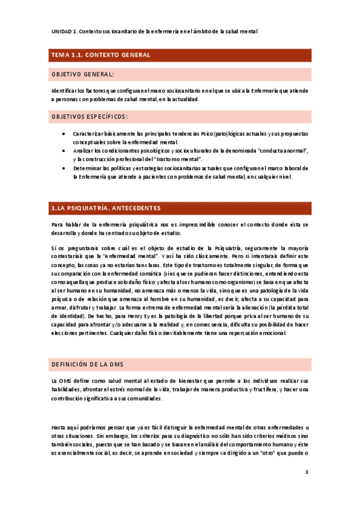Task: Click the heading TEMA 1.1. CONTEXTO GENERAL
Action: click(x=101, y=55)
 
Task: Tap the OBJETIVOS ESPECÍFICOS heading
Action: click(x=90, y=116)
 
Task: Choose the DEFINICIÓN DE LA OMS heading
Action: click(x=88, y=364)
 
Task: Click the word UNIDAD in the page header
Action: click(x=60, y=31)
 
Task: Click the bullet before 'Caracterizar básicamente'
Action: click(x=64, y=134)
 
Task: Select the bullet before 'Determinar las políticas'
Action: click(x=64, y=168)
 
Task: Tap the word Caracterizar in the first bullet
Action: click(x=88, y=134)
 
